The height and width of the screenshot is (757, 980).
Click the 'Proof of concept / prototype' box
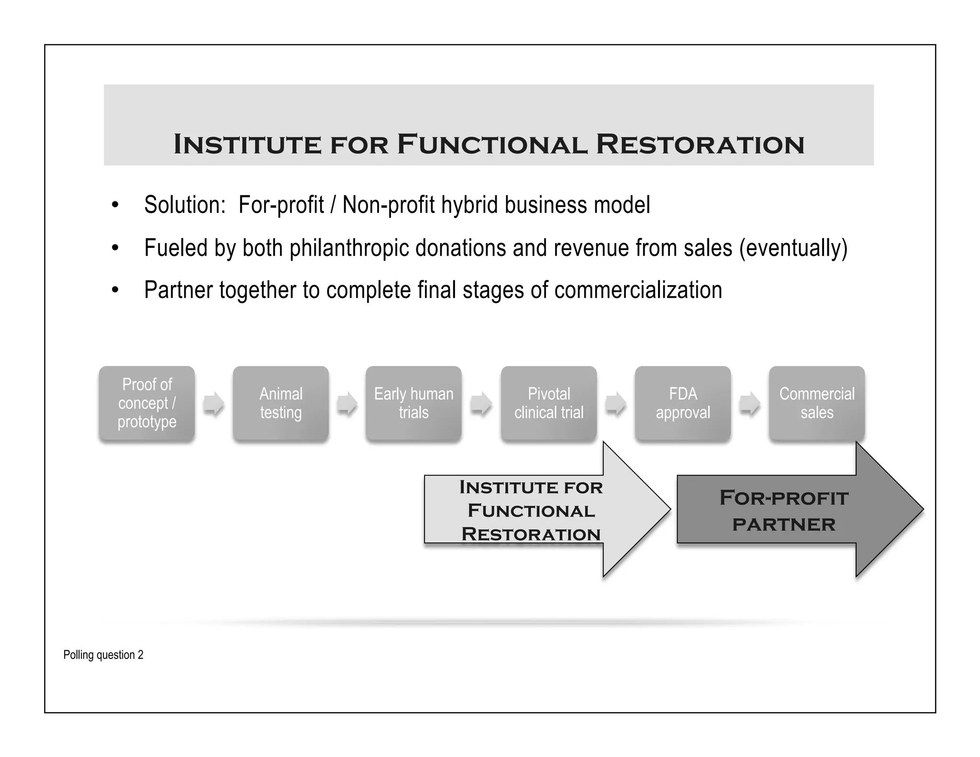(x=147, y=403)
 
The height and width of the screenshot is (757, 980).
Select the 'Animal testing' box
(x=281, y=403)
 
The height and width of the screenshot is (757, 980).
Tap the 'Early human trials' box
(x=413, y=403)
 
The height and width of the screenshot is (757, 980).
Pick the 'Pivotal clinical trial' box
(x=549, y=403)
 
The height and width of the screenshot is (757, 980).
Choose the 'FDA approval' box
(x=683, y=403)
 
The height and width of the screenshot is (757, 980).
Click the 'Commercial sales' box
(x=817, y=403)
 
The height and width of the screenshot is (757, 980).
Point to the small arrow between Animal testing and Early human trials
(x=347, y=404)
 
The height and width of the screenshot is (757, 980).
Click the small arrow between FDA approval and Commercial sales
(x=749, y=404)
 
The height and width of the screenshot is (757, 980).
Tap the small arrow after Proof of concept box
(x=213, y=404)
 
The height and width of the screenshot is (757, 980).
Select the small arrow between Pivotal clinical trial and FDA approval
(x=615, y=404)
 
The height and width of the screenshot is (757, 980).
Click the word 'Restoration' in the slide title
(x=700, y=144)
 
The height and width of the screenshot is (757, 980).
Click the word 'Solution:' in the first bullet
(x=185, y=205)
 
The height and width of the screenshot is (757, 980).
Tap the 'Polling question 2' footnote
(x=103, y=655)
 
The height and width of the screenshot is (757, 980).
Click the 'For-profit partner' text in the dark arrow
(x=784, y=511)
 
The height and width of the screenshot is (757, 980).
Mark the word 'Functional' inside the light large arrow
(x=531, y=511)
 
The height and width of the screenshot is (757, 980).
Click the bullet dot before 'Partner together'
(x=115, y=290)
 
